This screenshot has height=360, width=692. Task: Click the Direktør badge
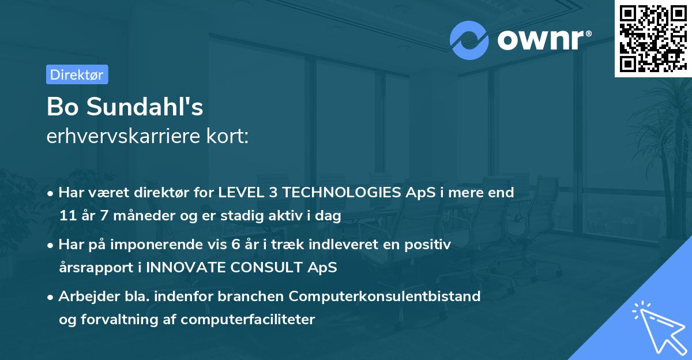pos(77,74)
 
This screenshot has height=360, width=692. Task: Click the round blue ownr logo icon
pos(469,40)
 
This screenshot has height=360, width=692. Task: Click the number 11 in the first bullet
pos(67,216)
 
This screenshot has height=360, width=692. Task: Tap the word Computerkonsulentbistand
pos(385,297)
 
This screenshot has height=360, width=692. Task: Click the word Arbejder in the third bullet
pos(84,297)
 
